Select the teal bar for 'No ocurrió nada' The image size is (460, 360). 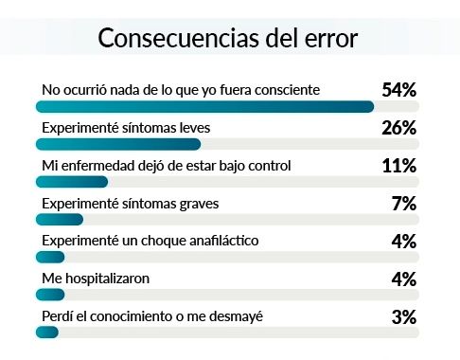point(203,106)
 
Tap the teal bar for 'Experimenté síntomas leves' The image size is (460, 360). point(117,144)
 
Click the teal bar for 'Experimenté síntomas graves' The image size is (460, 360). point(56,219)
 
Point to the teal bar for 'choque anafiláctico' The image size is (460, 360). point(49,257)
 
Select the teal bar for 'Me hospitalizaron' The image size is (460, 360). point(49,295)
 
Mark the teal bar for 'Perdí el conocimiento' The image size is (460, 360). point(47,332)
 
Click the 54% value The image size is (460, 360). point(398,90)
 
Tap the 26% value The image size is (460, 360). point(398,128)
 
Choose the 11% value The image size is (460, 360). point(398,166)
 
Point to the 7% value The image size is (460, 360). point(403,204)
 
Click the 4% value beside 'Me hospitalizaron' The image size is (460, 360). point(403,279)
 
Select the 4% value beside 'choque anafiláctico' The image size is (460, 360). point(403,242)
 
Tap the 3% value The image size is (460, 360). point(403,317)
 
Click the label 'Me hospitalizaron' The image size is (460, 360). point(97,279)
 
